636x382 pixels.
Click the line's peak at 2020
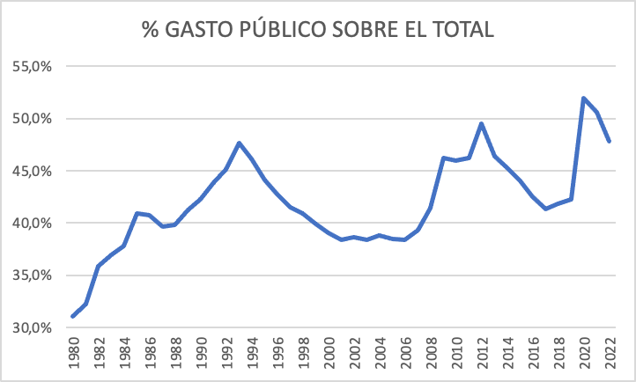[x=584, y=99]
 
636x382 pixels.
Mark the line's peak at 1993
[x=239, y=143]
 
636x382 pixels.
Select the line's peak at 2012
[x=482, y=123]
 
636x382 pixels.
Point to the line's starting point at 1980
[x=72, y=316]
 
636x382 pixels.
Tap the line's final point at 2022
[x=610, y=141]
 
